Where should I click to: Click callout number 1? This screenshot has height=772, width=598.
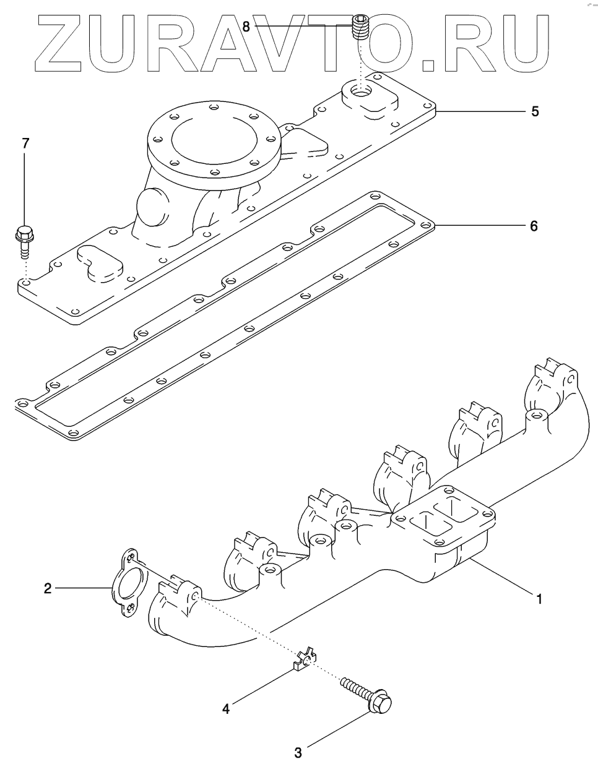pos(539,599)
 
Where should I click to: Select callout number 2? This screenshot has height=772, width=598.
pos(47,588)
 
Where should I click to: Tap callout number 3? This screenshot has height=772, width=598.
pos(298,752)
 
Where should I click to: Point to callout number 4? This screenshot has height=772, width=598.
pos(226,708)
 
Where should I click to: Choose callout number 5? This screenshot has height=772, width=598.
pos(535,112)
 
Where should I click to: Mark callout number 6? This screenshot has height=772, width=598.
pos(534,226)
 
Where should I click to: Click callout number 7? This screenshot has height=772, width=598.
pos(25,144)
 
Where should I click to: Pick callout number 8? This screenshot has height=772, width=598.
pos(246,27)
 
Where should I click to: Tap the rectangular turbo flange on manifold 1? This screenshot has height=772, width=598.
pos(443,520)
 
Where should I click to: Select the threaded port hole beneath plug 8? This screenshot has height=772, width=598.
pos(360,92)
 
